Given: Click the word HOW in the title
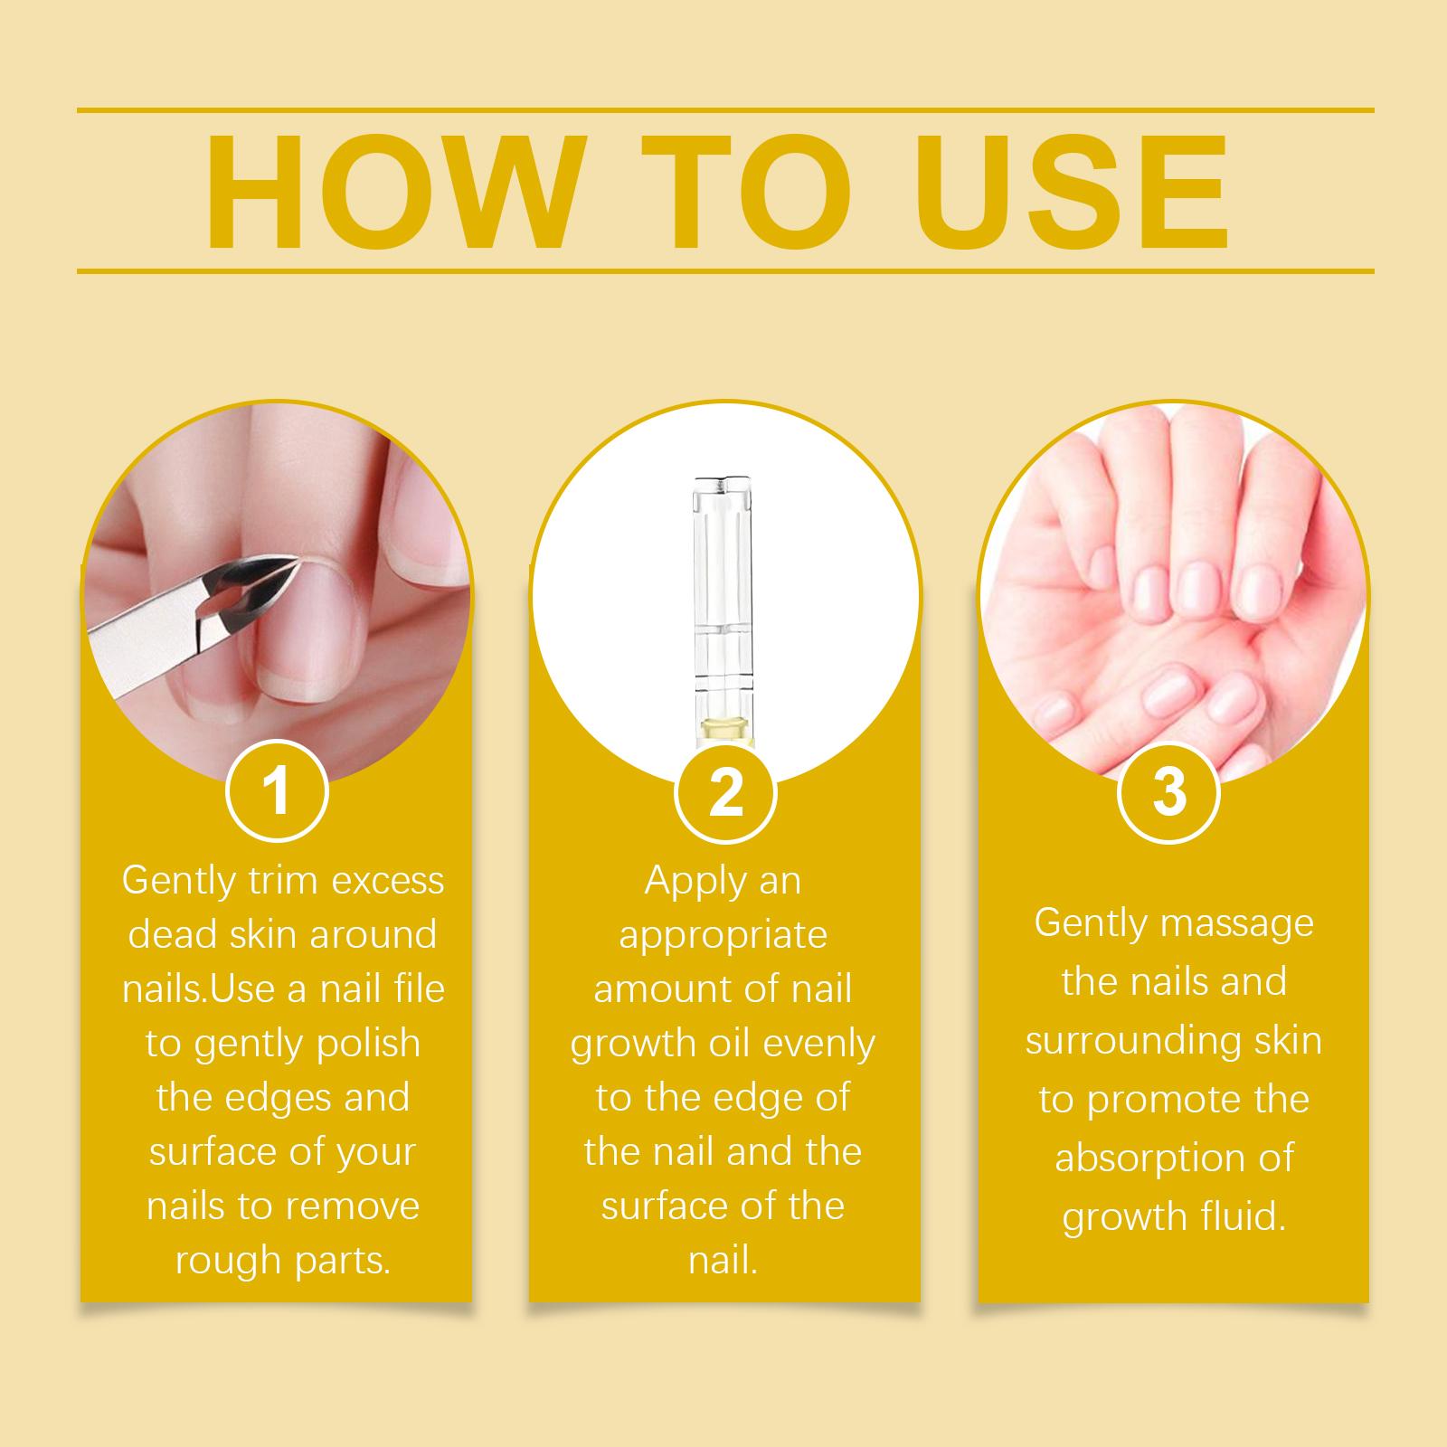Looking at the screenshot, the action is click(x=390, y=193).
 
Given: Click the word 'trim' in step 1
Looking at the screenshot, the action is click(x=272, y=881).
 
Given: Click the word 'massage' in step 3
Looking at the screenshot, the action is click(x=1236, y=925).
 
